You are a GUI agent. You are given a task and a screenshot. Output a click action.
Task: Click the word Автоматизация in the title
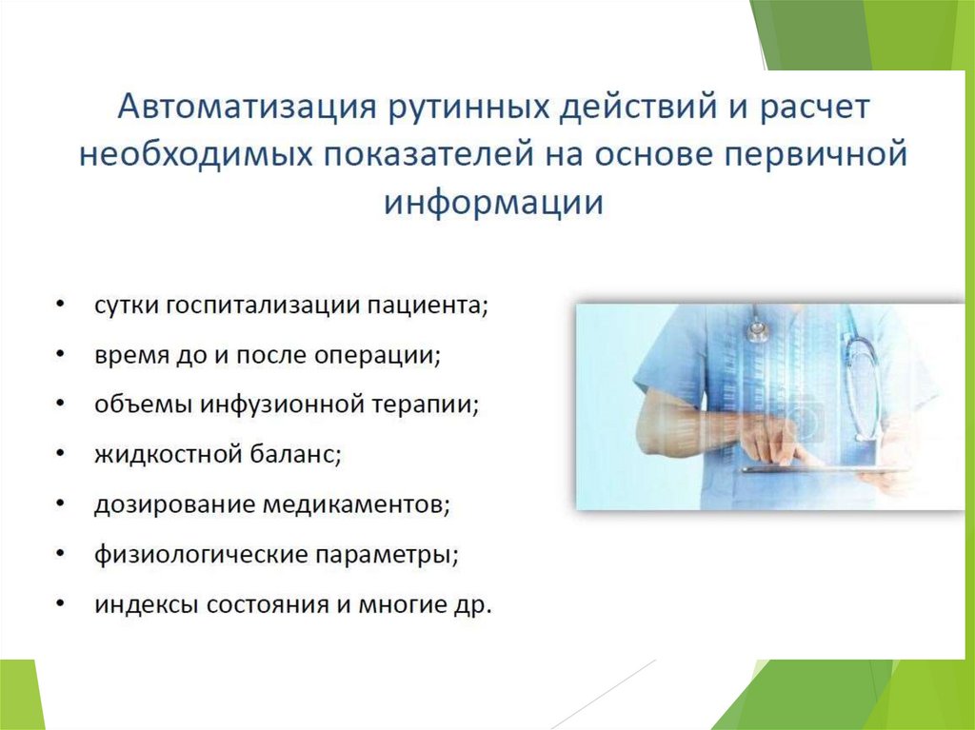248,107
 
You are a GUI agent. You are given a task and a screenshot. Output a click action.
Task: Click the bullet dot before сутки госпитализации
60,305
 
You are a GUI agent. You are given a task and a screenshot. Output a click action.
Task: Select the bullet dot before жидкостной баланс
60,453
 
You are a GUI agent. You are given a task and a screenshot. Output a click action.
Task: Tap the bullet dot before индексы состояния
60,602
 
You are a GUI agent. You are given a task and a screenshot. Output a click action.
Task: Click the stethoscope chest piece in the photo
756,330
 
